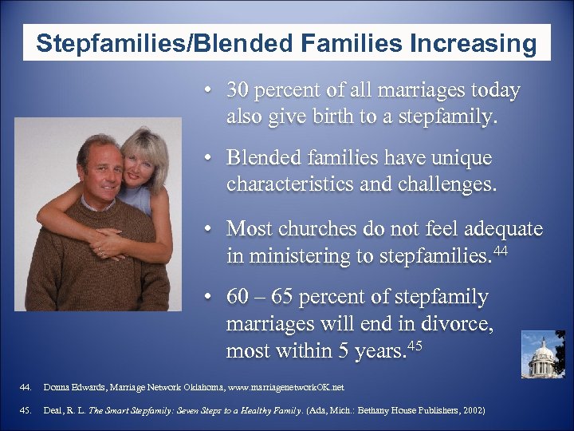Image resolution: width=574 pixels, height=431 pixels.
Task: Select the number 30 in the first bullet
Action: pyautogui.click(x=237, y=91)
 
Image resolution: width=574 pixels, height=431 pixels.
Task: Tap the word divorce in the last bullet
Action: pyautogui.click(x=458, y=325)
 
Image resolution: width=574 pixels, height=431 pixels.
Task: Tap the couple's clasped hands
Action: pyautogui.click(x=108, y=239)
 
